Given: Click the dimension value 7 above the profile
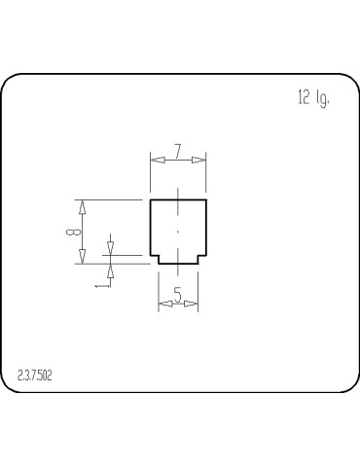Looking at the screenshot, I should coord(177,151).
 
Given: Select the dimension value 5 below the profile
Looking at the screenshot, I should coord(178,294).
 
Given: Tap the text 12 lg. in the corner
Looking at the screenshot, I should coord(313,98).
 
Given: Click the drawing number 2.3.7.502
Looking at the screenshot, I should coord(35,376).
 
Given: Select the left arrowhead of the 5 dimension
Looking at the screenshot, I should coord(164,305).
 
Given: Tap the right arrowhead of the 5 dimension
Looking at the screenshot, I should coord(192,305).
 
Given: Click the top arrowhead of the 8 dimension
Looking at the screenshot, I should coord(83,205).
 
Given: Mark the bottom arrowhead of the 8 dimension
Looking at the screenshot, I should coord(83,257).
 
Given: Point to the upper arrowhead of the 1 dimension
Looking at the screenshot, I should coord(110,247).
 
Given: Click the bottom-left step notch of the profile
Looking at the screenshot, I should coord(157,258).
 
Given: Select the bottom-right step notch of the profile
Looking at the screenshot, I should coord(201,258).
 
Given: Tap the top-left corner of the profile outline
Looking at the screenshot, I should coord(150,199).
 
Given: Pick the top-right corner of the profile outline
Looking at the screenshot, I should coord(207,199).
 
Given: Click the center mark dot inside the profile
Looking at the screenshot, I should coord(178,232).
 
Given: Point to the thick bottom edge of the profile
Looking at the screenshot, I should coord(178,264).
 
